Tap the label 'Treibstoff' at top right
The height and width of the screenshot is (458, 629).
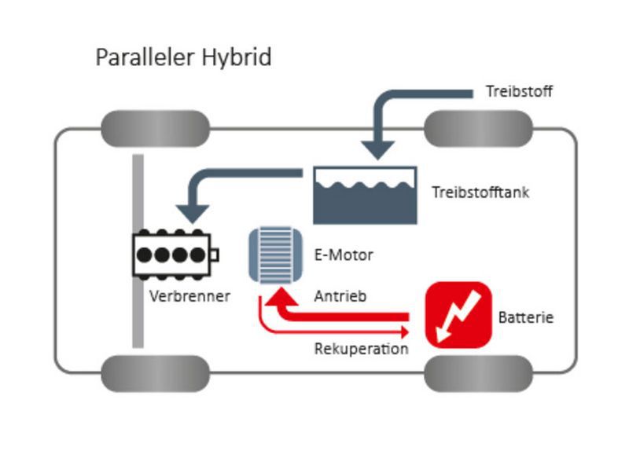tap(520, 92)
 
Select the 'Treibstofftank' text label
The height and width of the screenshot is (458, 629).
tap(480, 192)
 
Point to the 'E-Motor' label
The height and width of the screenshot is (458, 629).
tap(343, 255)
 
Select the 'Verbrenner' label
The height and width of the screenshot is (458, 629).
tap(189, 296)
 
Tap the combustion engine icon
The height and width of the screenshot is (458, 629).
tap(175, 255)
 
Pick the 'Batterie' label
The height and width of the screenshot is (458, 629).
tap(526, 318)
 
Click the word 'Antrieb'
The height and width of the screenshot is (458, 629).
tap(340, 297)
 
